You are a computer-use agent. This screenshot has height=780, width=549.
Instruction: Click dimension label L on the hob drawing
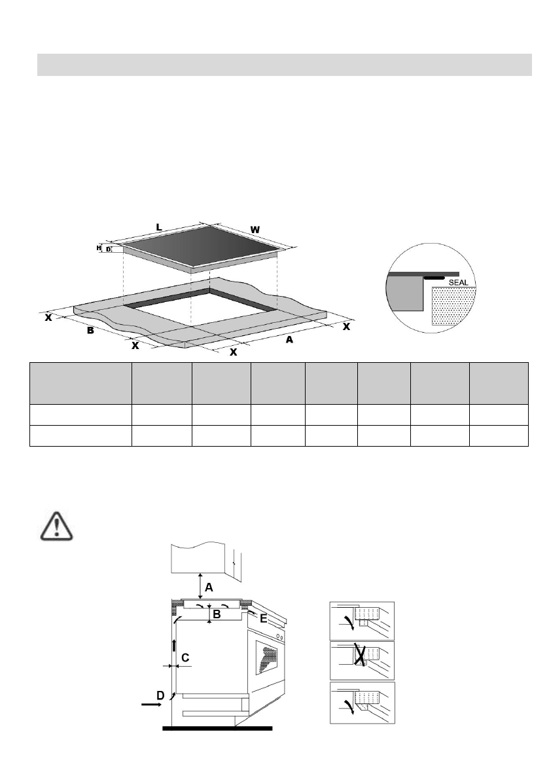point(159,227)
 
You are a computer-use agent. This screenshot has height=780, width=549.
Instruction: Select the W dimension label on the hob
point(256,230)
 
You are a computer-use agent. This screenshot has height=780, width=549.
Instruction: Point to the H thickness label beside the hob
point(99,248)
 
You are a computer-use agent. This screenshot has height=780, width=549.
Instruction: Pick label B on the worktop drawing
point(90,331)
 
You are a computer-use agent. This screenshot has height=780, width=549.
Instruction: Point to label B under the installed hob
point(217,615)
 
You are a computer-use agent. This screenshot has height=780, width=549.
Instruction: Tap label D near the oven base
point(160,694)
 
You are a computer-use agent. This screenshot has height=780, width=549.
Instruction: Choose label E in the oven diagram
point(262,618)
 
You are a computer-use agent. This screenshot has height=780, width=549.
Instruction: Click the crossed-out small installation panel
point(362,660)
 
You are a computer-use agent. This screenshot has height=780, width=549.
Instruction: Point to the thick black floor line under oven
point(217,728)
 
